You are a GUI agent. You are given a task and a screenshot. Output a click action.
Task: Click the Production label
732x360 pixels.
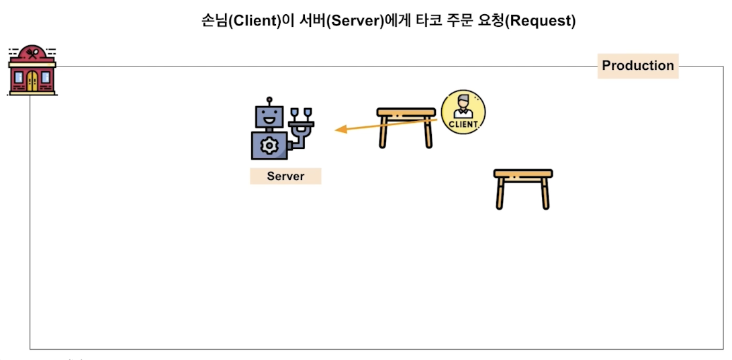click(637, 66)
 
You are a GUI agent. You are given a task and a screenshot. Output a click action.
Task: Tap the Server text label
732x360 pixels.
click(285, 177)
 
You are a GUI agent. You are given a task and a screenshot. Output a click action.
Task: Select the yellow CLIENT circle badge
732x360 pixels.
click(463, 111)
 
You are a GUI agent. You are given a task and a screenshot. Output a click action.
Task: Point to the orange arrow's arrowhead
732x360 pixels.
click(339, 130)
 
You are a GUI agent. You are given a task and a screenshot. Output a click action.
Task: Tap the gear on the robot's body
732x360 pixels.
click(269, 144)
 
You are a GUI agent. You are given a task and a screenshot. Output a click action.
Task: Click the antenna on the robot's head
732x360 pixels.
click(269, 100)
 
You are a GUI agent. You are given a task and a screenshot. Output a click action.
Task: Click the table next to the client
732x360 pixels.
click(406, 125)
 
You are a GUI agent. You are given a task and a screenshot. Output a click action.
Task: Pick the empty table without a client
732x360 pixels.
click(522, 188)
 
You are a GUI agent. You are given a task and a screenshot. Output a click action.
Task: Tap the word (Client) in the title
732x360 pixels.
click(251, 21)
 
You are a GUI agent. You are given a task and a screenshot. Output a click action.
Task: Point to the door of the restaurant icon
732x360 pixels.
click(32, 81)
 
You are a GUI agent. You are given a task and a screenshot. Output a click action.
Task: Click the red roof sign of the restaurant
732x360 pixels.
click(32, 54)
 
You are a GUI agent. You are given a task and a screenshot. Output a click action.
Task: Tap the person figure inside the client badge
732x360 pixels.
click(463, 106)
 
